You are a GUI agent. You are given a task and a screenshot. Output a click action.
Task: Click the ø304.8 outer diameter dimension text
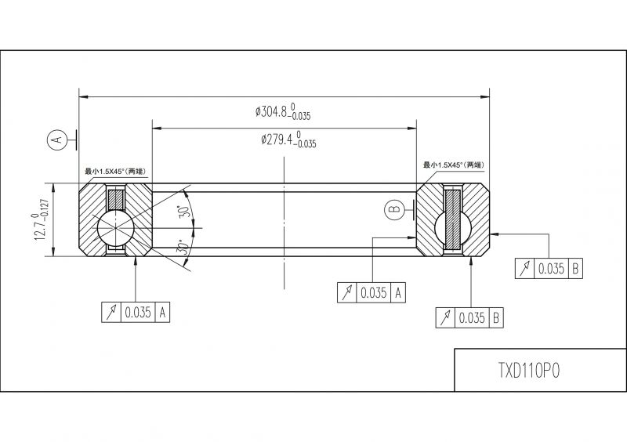[283, 111]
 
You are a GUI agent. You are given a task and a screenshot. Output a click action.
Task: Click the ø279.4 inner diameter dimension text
[288, 139]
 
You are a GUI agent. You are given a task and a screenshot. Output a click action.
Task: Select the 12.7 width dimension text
[42, 219]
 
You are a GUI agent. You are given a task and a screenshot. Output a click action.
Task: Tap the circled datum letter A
[56, 139]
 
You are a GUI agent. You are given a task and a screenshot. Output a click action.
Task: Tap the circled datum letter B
[394, 209]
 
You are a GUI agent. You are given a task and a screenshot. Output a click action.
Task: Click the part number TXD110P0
[528, 371]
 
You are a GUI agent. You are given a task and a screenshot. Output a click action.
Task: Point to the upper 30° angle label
[185, 211]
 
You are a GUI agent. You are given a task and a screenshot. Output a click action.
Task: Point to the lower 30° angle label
[183, 248]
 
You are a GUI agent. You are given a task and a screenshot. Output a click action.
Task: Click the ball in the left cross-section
[115, 227]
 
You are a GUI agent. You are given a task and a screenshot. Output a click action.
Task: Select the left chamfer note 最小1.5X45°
[115, 172]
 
